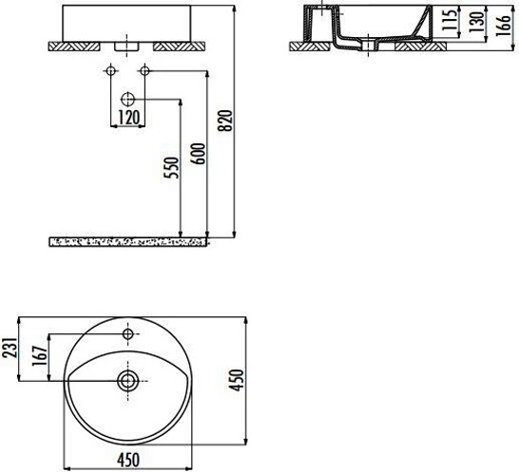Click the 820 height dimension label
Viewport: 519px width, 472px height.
(x=227, y=121)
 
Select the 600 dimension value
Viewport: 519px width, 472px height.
(x=199, y=154)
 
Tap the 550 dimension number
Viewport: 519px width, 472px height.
(x=172, y=168)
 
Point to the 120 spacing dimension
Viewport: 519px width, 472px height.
(x=128, y=118)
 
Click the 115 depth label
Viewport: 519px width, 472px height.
(x=450, y=20)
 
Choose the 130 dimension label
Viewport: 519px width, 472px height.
(x=476, y=22)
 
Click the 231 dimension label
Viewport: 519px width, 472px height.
(x=9, y=348)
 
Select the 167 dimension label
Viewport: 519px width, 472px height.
(x=39, y=356)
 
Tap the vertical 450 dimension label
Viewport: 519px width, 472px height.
(x=237, y=381)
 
